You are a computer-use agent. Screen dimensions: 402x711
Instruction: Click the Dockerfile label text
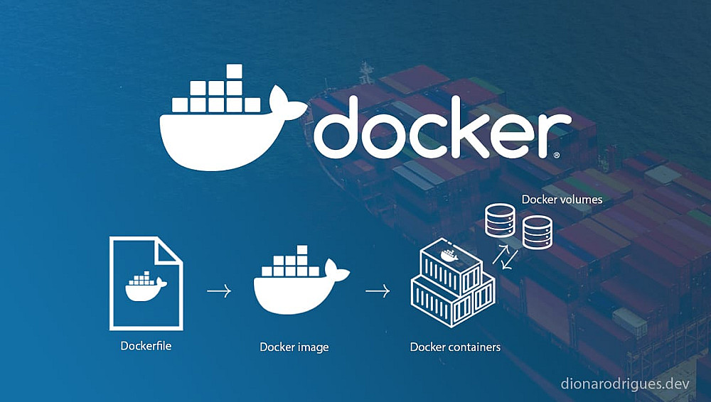pyautogui.click(x=146, y=347)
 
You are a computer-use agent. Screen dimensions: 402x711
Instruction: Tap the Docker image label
pyautogui.click(x=294, y=347)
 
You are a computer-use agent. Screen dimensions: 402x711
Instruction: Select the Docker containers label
pyautogui.click(x=455, y=347)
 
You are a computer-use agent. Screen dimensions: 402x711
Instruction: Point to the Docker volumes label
pyautogui.click(x=562, y=200)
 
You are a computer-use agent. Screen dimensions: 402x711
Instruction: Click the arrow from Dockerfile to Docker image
pyautogui.click(x=219, y=290)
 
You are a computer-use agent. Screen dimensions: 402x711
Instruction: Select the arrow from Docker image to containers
pyautogui.click(x=378, y=290)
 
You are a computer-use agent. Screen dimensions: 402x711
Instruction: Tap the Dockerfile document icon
pyautogui.click(x=145, y=283)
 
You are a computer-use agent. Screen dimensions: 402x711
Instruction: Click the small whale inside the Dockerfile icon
pyautogui.click(x=146, y=285)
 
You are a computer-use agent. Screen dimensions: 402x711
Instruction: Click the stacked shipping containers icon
pyautogui.click(x=453, y=284)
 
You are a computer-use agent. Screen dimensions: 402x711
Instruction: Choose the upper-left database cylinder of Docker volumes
pyautogui.click(x=499, y=221)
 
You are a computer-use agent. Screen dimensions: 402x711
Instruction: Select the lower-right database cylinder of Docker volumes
pyautogui.click(x=538, y=232)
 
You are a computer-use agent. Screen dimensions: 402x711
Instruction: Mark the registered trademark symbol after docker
pyautogui.click(x=556, y=154)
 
